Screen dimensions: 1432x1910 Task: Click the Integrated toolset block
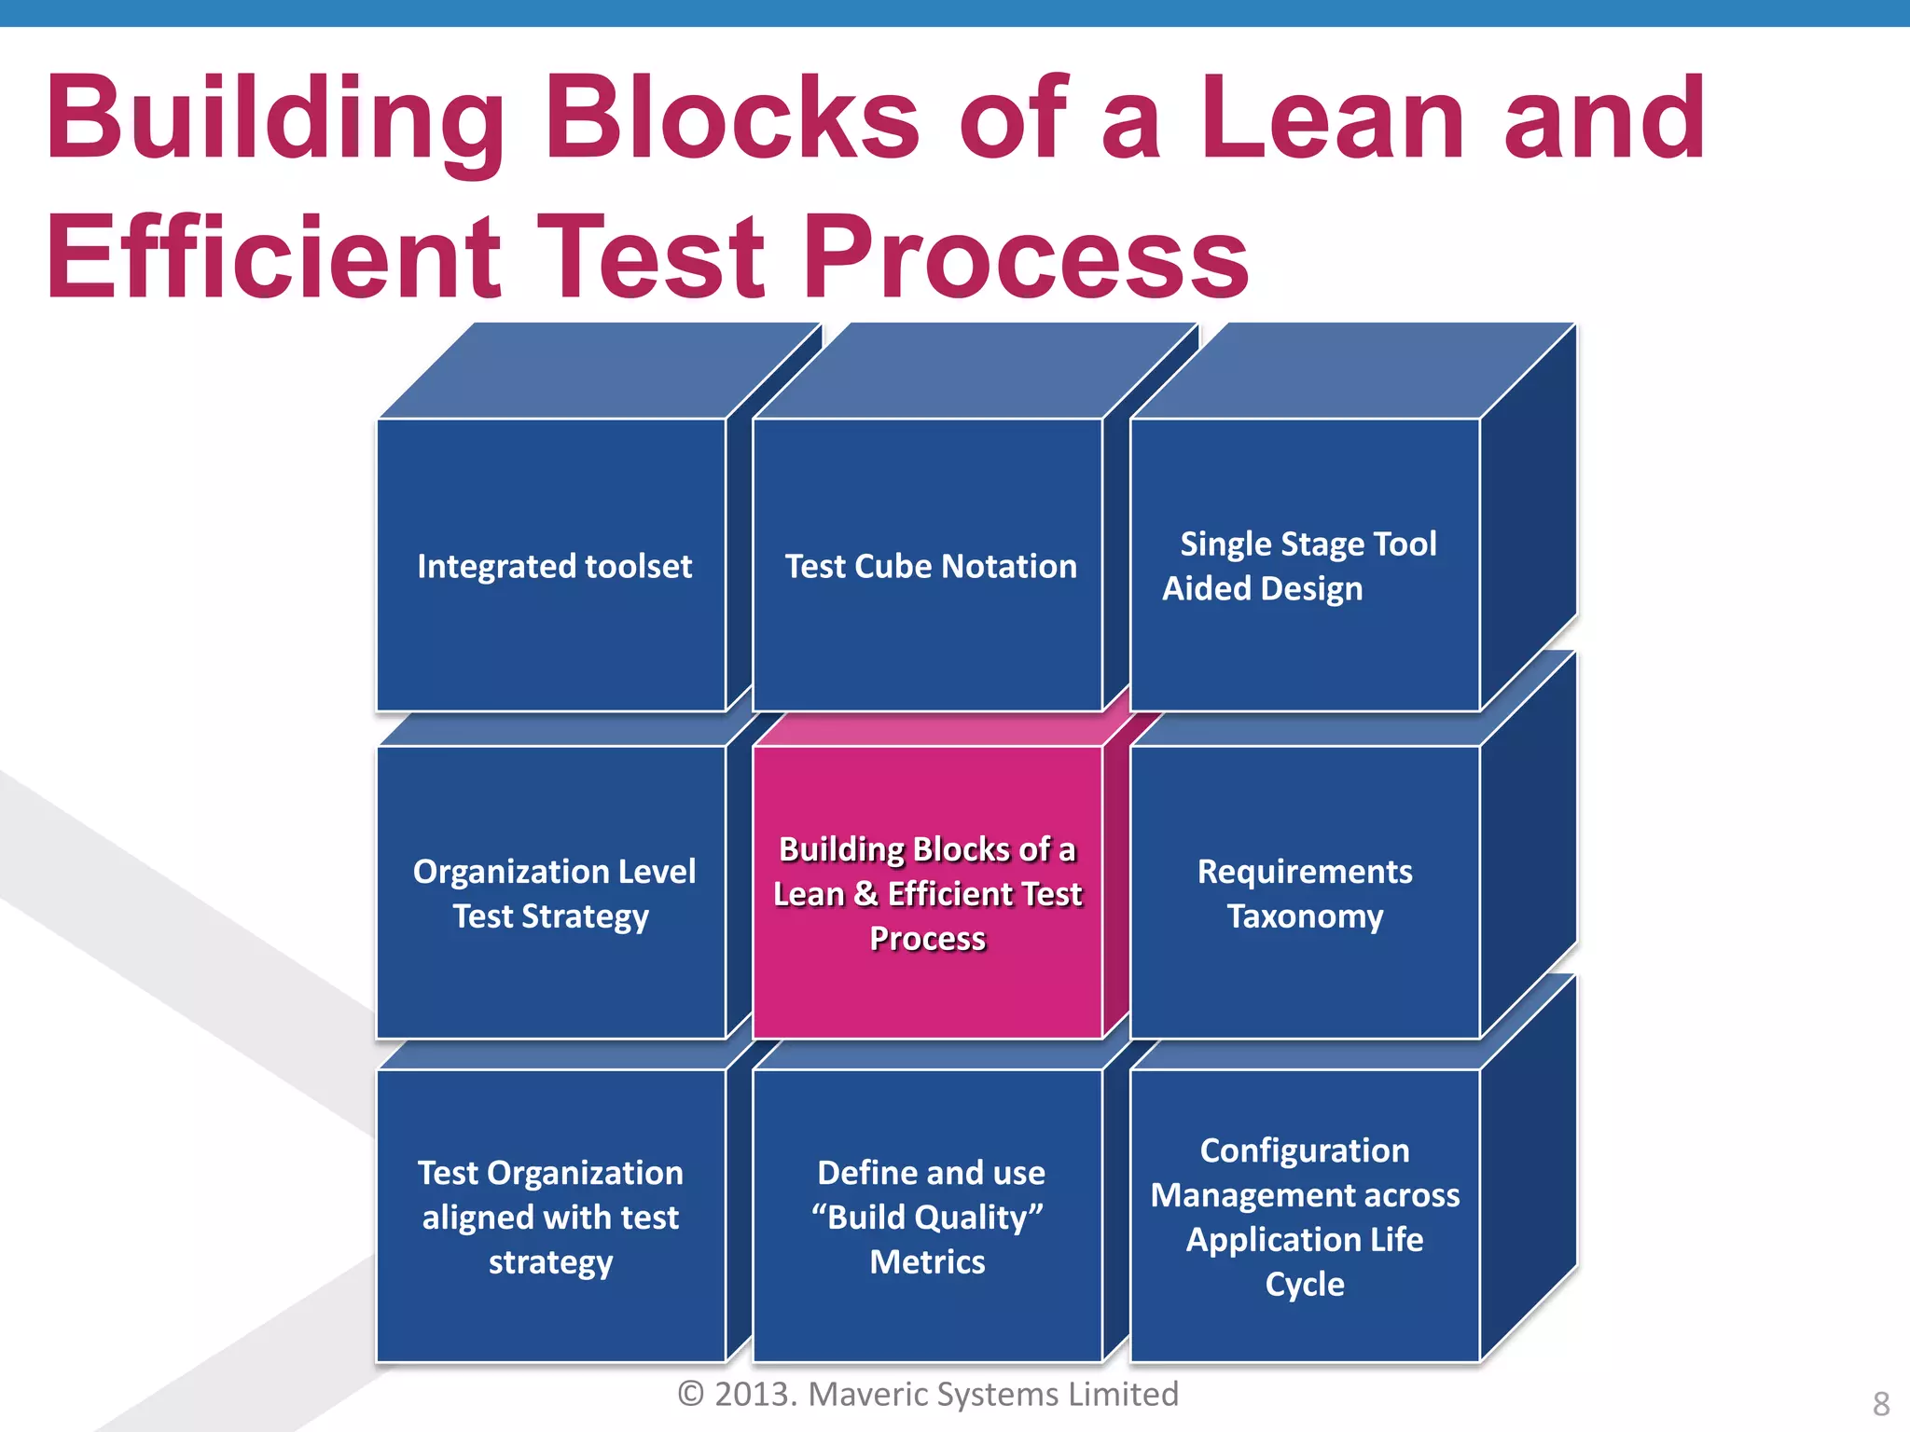552,565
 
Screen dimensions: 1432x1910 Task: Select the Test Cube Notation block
929,565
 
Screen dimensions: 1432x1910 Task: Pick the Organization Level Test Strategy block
552,892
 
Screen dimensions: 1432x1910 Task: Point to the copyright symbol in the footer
691,1394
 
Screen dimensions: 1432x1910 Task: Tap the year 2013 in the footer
754,1394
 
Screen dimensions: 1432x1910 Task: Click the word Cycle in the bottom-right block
1304,1284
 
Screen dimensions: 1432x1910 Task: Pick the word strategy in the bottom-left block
550,1262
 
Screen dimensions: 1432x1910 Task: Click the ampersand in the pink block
865,893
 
